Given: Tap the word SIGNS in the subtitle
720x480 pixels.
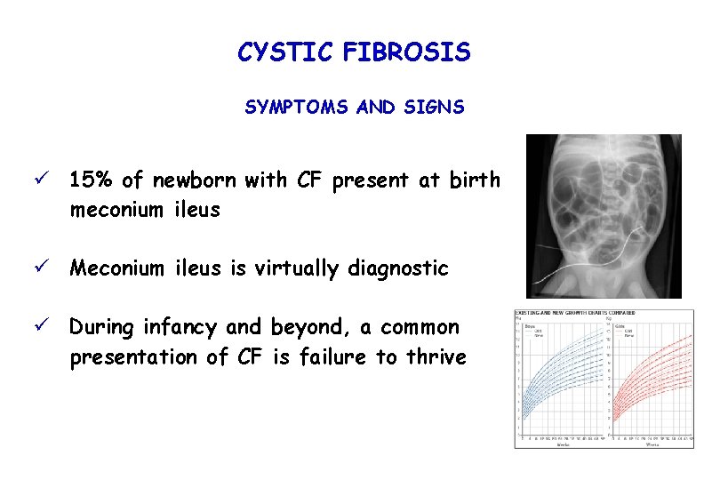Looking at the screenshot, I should (x=433, y=108).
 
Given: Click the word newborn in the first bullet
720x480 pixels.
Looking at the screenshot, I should (x=194, y=180).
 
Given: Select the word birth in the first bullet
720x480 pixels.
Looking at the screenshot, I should (x=475, y=180).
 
